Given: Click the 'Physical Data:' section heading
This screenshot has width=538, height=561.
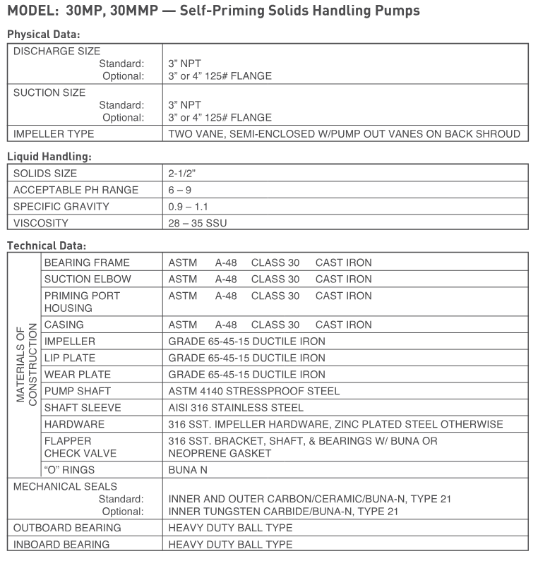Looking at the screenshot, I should [x=44, y=34].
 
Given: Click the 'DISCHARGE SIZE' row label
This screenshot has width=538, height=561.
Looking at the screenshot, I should [x=56, y=51].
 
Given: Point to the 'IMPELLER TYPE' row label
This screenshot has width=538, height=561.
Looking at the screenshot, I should [x=54, y=133].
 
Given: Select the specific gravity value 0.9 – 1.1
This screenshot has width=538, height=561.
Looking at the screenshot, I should [x=188, y=207].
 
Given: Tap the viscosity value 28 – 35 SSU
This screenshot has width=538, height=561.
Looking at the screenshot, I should [x=198, y=223].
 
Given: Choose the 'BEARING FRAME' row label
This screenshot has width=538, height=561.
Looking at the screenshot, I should [x=87, y=263].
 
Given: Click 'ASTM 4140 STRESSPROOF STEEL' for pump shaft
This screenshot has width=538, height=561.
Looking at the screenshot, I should [x=254, y=391].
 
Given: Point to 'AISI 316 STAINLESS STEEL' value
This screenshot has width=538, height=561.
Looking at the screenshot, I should [x=236, y=407].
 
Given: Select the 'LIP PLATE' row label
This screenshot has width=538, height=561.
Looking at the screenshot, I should [x=69, y=358].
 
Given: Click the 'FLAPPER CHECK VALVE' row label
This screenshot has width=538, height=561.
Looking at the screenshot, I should [x=80, y=447].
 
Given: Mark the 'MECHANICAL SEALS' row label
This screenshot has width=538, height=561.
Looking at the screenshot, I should [x=65, y=486].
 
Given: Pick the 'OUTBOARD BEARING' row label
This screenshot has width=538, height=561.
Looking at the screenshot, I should [x=67, y=528].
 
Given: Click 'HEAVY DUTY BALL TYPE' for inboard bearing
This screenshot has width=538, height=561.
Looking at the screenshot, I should [x=230, y=544].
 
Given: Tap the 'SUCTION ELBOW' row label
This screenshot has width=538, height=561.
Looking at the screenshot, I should [x=88, y=279].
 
